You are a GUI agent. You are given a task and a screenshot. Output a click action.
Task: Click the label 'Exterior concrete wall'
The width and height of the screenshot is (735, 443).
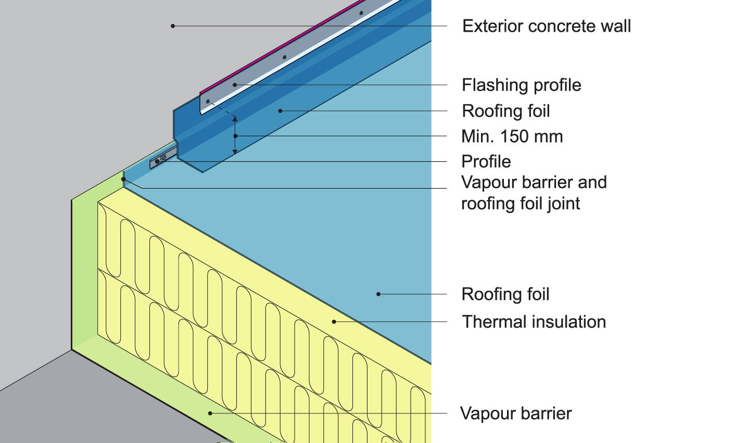pyautogui.click(x=547, y=26)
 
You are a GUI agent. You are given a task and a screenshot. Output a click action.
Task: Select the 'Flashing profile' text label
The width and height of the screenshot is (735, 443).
pyautogui.click(x=522, y=85)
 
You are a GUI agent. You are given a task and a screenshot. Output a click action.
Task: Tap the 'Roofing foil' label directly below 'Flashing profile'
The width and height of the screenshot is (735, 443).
pyautogui.click(x=506, y=111)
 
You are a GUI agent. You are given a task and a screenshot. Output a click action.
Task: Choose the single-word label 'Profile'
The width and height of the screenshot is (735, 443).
pyautogui.click(x=486, y=162)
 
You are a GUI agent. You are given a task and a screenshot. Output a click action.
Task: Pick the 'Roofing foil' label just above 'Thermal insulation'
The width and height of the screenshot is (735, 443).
pyautogui.click(x=505, y=294)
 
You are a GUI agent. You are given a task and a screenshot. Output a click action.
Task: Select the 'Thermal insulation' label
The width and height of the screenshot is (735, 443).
pyautogui.click(x=534, y=322)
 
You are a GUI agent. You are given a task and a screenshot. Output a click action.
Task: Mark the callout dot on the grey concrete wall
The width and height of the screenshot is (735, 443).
pyautogui.click(x=173, y=25)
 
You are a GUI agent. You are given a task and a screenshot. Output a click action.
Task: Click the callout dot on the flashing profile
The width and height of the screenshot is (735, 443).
pyautogui.click(x=235, y=84)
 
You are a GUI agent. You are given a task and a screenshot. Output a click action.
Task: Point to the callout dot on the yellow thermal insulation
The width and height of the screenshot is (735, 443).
pyautogui.click(x=334, y=322)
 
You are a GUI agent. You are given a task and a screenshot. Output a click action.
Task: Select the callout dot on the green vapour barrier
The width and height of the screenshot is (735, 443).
pyautogui.click(x=210, y=413)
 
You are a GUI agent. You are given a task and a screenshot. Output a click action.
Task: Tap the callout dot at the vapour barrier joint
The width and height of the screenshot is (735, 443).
pyautogui.click(x=123, y=179)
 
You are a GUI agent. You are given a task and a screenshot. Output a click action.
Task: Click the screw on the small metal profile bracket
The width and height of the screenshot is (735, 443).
pyautogui.click(x=163, y=158)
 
